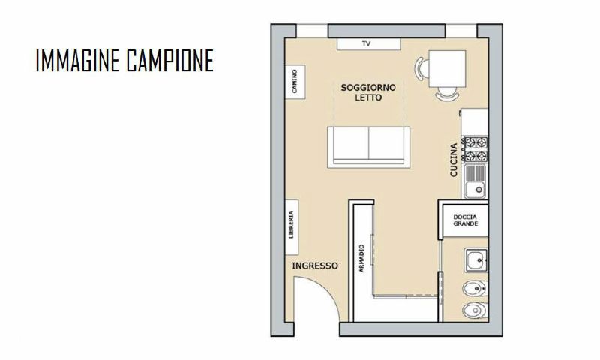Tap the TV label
[367, 44]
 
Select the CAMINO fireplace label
[295, 80]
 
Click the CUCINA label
[454, 160]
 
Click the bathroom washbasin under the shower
[473, 261]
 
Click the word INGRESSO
[315, 266]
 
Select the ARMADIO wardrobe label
[361, 259]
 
